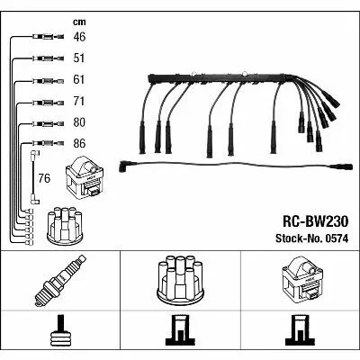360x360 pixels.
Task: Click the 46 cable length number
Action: pyautogui.click(x=79, y=37)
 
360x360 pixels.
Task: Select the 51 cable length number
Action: pyautogui.click(x=79, y=58)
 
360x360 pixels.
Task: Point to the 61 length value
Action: pyautogui.click(x=79, y=79)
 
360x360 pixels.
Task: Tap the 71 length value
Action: pyautogui.click(x=79, y=101)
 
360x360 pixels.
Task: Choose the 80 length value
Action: pyautogui.click(x=79, y=122)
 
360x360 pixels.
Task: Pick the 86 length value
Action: pyautogui.click(x=79, y=143)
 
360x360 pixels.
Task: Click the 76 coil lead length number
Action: pyautogui.click(x=44, y=178)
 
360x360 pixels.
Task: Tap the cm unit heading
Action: pyautogui.click(x=79, y=22)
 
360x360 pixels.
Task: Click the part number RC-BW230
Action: pyautogui.click(x=315, y=222)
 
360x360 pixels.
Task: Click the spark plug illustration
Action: pyautogui.click(x=60, y=281)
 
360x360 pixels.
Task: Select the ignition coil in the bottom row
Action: pyautogui.click(x=302, y=280)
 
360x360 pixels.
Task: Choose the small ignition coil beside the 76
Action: pyautogui.click(x=85, y=178)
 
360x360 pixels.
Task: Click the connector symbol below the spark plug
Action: pyautogui.click(x=60, y=330)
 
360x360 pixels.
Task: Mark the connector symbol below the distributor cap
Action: pyautogui.click(x=180, y=330)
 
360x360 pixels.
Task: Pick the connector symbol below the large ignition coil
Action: pyautogui.click(x=301, y=330)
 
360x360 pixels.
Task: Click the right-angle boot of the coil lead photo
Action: pyautogui.click(x=124, y=166)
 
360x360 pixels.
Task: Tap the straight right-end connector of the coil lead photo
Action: pyautogui.click(x=343, y=167)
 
